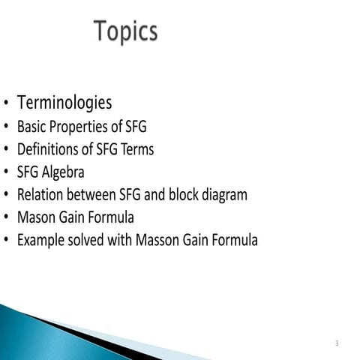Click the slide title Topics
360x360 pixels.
click(x=125, y=31)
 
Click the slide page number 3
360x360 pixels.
click(x=337, y=343)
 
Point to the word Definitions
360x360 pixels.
click(x=46, y=149)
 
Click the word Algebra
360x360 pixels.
click(x=64, y=172)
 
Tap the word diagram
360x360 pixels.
click(x=223, y=195)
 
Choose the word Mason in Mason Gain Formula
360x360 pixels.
click(x=35, y=218)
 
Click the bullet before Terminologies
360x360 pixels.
click(x=6, y=103)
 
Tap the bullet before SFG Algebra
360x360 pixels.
click(x=6, y=173)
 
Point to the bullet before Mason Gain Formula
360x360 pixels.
click(x=6, y=219)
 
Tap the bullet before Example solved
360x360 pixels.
click(x=6, y=241)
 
